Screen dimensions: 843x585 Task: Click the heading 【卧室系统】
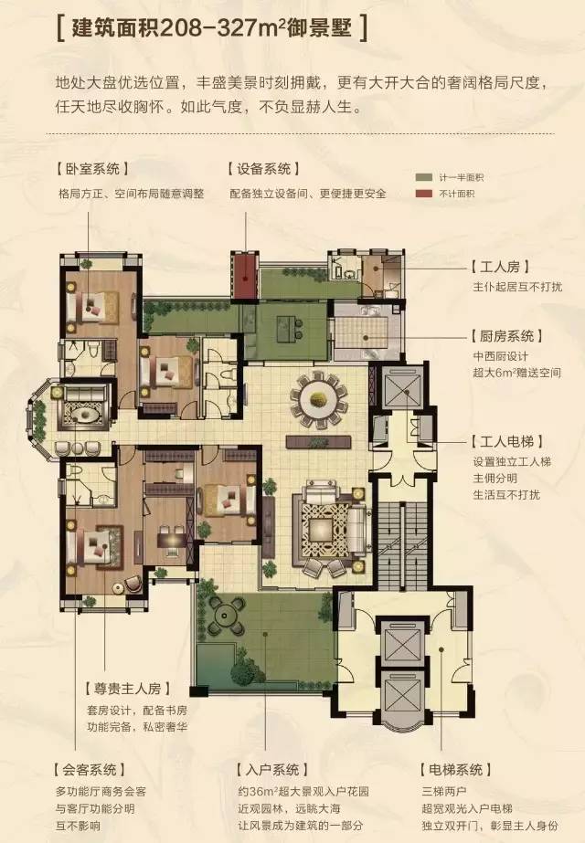click(91, 169)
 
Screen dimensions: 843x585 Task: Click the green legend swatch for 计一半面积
click(422, 176)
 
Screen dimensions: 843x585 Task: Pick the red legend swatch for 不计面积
click(422, 193)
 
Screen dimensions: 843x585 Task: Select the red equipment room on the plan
click(244, 270)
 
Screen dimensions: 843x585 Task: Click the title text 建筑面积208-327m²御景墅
click(212, 27)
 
